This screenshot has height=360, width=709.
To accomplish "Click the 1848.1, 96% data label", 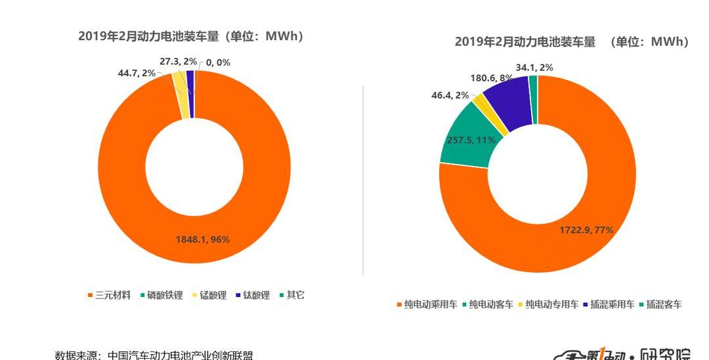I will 202,240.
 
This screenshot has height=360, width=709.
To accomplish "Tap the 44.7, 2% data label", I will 137,73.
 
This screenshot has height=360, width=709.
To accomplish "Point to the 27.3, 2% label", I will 178,61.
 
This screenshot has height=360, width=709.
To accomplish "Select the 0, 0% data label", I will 218,62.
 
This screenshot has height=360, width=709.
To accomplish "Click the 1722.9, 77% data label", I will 586,230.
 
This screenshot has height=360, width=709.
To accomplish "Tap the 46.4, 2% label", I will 450,95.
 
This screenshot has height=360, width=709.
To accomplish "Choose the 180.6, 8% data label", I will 492,78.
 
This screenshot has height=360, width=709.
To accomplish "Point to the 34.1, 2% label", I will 534,67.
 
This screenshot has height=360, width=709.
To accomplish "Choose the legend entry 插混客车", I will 664,304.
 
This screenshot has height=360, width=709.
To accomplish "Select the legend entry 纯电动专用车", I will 552,304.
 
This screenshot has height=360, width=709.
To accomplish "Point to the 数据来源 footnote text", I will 154,355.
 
